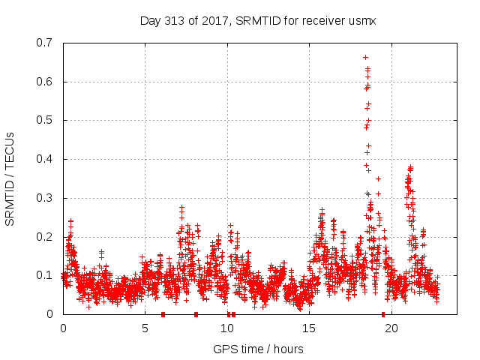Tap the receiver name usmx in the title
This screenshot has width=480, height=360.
(360, 20)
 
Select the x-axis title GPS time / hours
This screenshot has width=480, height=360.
(258, 349)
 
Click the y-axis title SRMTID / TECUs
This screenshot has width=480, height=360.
(10, 178)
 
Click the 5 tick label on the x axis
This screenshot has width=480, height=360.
(145, 328)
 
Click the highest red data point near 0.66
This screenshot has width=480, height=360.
(365, 57)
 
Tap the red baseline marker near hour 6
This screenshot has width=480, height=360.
(163, 314)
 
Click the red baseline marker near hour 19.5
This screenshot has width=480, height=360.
(383, 314)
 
